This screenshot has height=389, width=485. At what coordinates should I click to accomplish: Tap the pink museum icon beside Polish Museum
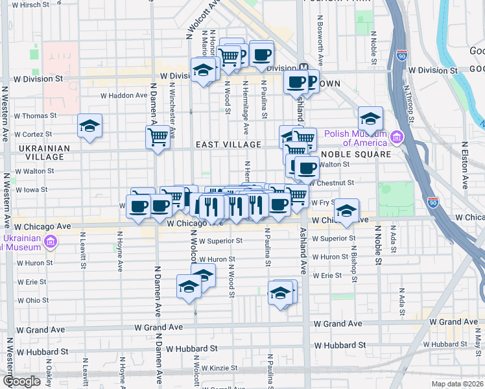(x=396, y=137)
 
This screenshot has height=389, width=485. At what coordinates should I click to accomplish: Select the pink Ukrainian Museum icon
(x=50, y=242)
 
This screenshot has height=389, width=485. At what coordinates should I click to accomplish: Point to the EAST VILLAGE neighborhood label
(x=229, y=145)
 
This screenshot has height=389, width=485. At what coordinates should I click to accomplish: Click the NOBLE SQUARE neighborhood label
(x=356, y=154)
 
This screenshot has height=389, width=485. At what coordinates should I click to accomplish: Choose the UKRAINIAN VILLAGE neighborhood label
(x=44, y=152)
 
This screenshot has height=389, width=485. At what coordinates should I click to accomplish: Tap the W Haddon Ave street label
(x=124, y=95)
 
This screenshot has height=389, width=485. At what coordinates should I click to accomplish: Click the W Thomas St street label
(x=35, y=116)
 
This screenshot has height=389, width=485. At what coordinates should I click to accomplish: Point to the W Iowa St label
(x=32, y=190)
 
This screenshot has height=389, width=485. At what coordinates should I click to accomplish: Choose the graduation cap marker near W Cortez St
(x=89, y=126)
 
